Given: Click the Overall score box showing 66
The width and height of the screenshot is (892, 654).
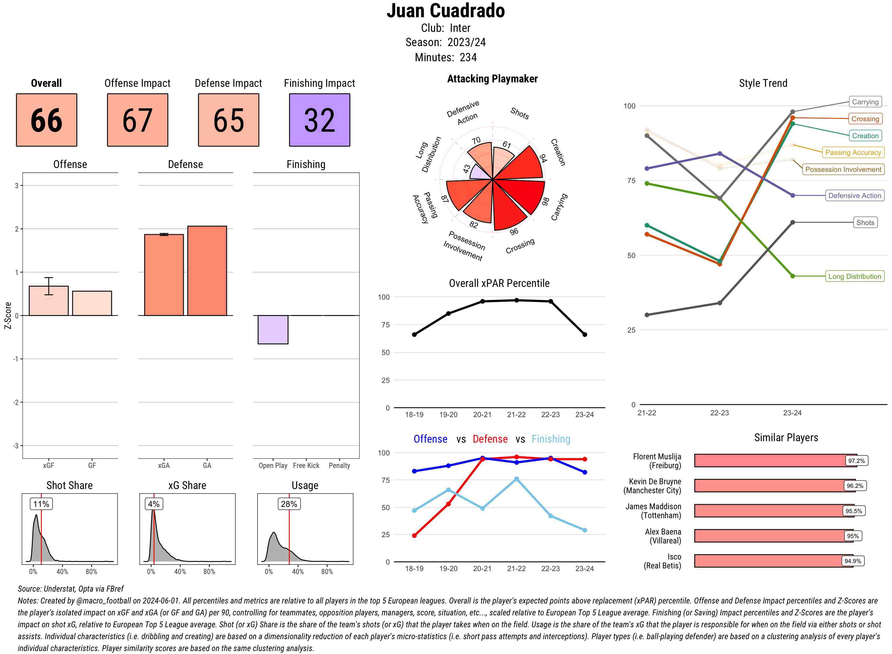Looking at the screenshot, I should point(46,120).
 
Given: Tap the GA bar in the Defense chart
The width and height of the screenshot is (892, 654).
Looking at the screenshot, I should point(207,271).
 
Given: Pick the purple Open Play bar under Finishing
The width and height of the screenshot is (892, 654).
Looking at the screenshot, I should point(273,329).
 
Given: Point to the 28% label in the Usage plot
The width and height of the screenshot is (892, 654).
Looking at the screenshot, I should point(289,504).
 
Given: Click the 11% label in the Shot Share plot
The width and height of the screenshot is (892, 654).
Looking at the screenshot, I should point(41,504).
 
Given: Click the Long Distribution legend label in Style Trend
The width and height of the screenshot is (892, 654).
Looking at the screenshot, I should point(855,276).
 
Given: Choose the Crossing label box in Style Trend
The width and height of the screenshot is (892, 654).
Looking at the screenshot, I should point(865,119).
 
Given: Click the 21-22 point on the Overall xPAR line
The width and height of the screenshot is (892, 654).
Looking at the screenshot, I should point(516,301).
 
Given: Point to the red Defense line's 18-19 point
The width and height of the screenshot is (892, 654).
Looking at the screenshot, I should point(414,536).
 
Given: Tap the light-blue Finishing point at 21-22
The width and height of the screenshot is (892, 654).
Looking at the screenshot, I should point(516,479).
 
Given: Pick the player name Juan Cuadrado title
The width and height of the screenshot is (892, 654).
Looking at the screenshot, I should point(445,11).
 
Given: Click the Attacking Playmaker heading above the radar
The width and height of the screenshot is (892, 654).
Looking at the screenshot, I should point(492,79).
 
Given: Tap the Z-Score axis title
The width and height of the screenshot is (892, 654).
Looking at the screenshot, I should point(7,315).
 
